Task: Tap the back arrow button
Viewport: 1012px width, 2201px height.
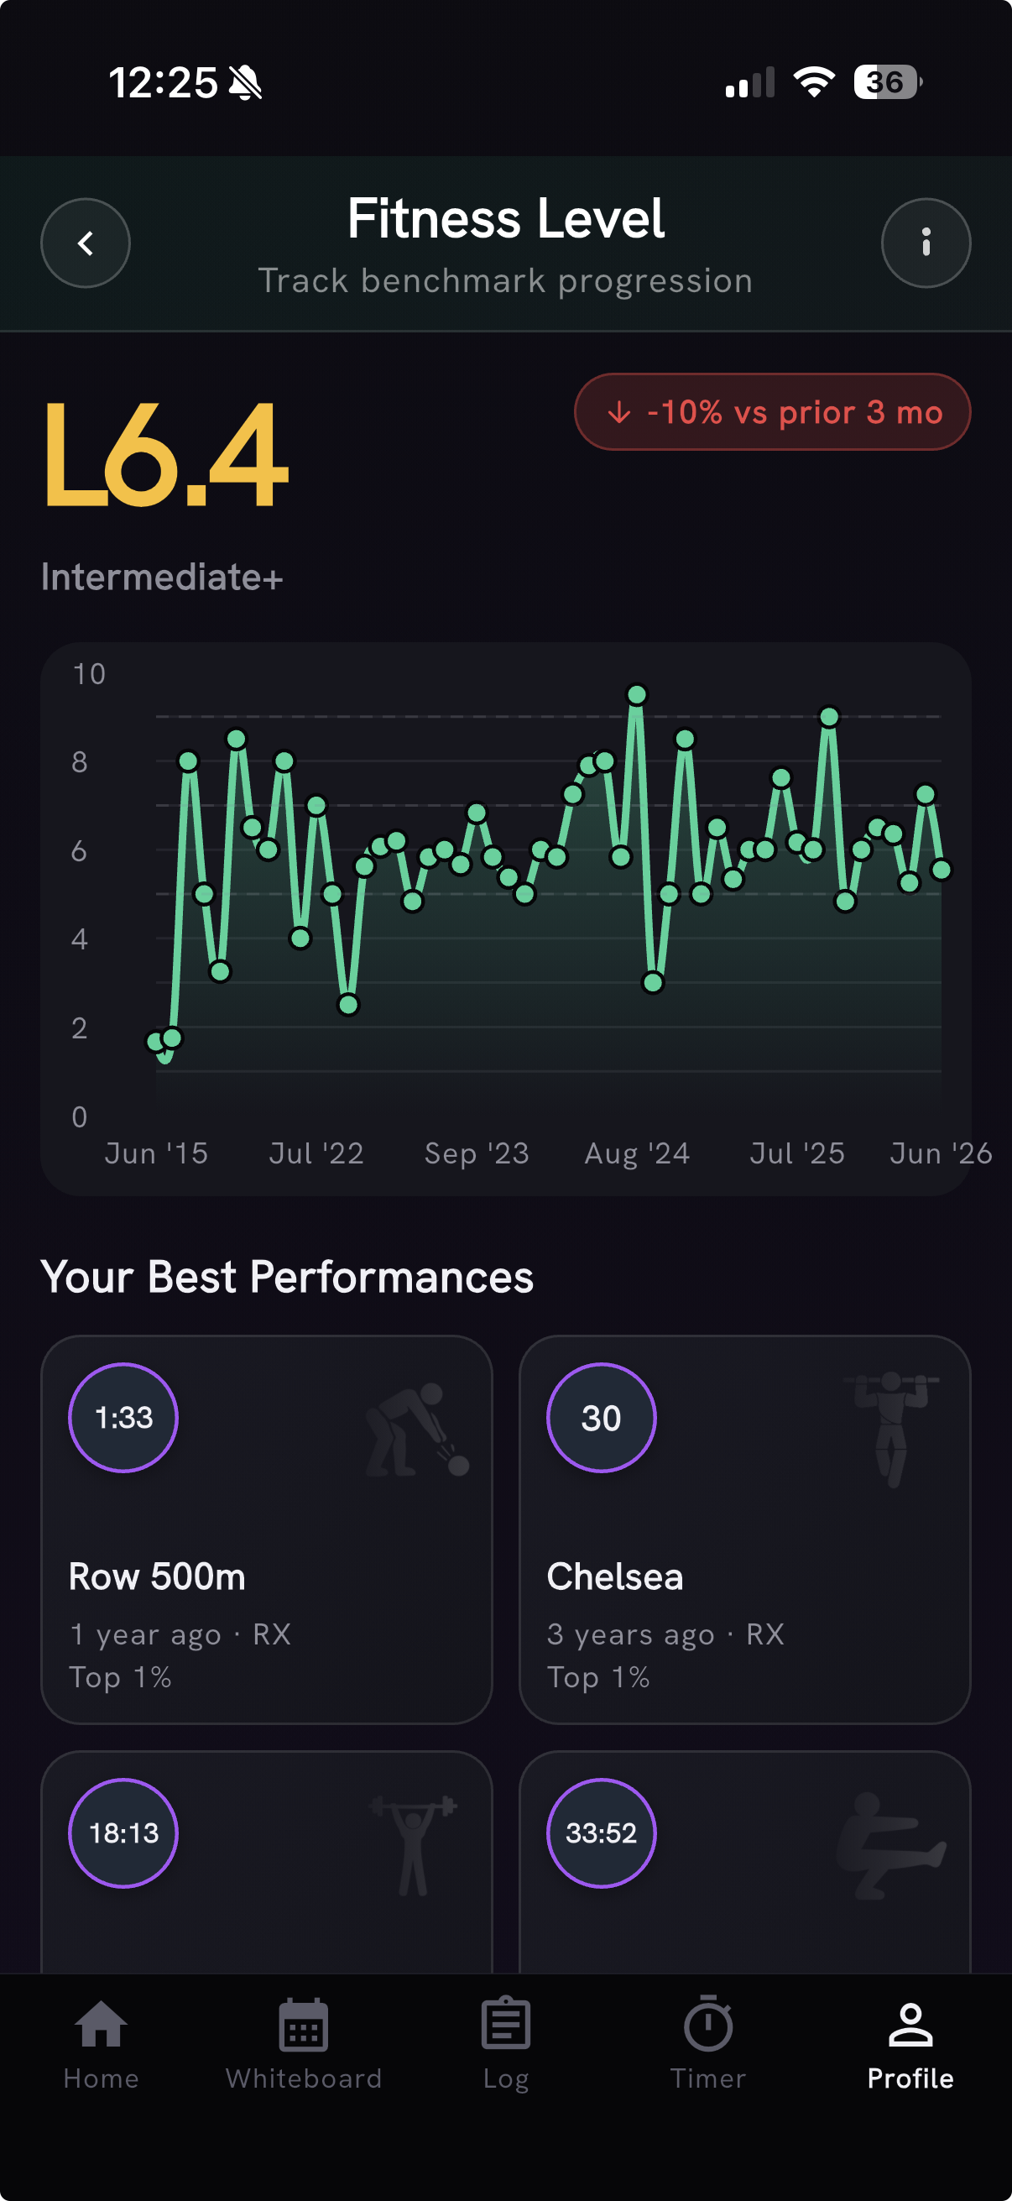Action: pos(86,243)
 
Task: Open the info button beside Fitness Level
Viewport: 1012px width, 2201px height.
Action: pos(926,243)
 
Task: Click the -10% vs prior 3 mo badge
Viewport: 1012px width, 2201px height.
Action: pos(772,412)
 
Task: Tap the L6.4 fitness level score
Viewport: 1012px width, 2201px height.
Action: pos(166,455)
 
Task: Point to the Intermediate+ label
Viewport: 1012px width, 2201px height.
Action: pos(161,578)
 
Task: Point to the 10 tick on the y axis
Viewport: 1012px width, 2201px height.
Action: pos(89,674)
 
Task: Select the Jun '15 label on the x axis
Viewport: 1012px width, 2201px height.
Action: pos(156,1153)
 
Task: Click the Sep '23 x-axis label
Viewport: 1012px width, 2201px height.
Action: pos(477,1153)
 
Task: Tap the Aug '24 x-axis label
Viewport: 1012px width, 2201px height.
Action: pos(637,1153)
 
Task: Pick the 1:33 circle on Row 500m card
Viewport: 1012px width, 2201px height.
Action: pos(123,1418)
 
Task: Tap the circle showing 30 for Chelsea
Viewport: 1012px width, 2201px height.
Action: pos(601,1418)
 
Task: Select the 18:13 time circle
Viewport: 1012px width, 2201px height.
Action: pos(123,1832)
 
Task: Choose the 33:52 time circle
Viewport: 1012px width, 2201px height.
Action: pos(601,1832)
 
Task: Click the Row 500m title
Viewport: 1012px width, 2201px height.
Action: pos(157,1576)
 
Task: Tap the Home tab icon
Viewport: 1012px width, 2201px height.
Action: pos(101,2025)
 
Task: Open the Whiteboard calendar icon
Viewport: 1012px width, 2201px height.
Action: pos(303,2025)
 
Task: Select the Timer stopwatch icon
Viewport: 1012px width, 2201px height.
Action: pos(708,2024)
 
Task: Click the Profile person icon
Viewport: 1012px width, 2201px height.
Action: pos(910,2025)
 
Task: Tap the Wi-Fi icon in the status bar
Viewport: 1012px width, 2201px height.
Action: pos(814,82)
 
